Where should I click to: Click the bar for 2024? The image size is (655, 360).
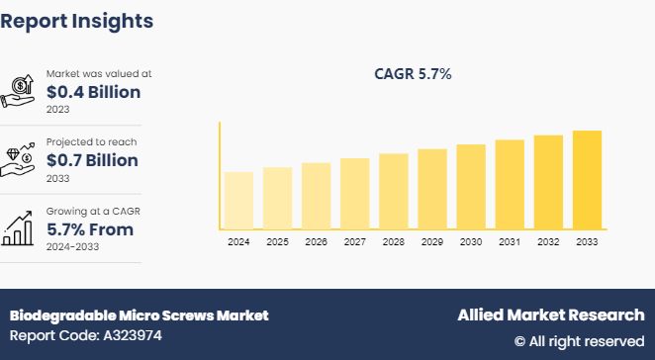click(x=238, y=201)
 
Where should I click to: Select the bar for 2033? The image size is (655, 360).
click(x=587, y=180)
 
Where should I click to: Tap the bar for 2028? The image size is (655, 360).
click(x=394, y=192)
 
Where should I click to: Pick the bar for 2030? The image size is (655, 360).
click(x=471, y=187)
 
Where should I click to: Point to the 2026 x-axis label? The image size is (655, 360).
click(x=316, y=242)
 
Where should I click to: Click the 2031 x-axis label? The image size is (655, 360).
click(x=510, y=242)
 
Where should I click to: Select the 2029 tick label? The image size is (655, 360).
click(x=432, y=242)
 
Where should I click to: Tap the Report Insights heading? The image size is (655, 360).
click(x=77, y=20)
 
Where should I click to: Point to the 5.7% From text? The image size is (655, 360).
click(x=90, y=229)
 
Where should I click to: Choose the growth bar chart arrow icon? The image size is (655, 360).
click(x=20, y=228)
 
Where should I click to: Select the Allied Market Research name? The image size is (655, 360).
click(x=550, y=315)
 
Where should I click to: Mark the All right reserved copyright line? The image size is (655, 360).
click(x=579, y=341)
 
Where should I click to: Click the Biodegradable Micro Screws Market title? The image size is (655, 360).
click(x=139, y=315)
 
